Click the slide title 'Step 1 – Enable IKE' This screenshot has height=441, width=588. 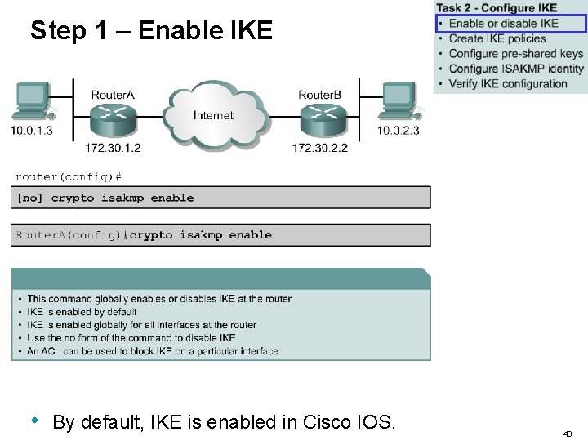(x=151, y=31)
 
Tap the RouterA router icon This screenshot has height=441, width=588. (x=113, y=120)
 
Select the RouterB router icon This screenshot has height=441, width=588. (x=319, y=120)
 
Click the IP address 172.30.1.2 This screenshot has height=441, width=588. (x=113, y=148)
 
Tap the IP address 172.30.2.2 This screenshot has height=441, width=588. (x=319, y=148)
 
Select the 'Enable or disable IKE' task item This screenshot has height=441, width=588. (x=503, y=24)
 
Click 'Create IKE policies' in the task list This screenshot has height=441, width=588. (x=498, y=38)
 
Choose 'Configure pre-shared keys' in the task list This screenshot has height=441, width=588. (x=515, y=54)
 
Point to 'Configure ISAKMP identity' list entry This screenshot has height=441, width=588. (x=516, y=69)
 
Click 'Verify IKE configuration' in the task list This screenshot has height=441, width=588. (x=507, y=83)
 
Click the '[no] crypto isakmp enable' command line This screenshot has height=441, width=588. (x=105, y=198)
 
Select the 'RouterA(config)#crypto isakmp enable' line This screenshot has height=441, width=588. (x=144, y=235)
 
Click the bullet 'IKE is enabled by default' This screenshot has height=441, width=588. (x=82, y=312)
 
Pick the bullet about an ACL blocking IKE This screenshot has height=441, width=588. (x=152, y=351)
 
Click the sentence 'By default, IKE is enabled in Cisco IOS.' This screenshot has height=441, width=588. (x=224, y=422)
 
